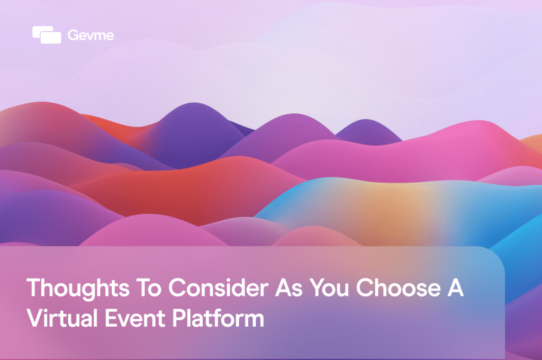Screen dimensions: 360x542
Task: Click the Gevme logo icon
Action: (47, 35)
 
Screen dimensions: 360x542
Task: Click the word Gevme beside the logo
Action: (91, 35)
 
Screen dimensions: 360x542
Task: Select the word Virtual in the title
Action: (61, 319)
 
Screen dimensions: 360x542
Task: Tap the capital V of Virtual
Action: (34, 319)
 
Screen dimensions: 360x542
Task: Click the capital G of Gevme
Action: (73, 35)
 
